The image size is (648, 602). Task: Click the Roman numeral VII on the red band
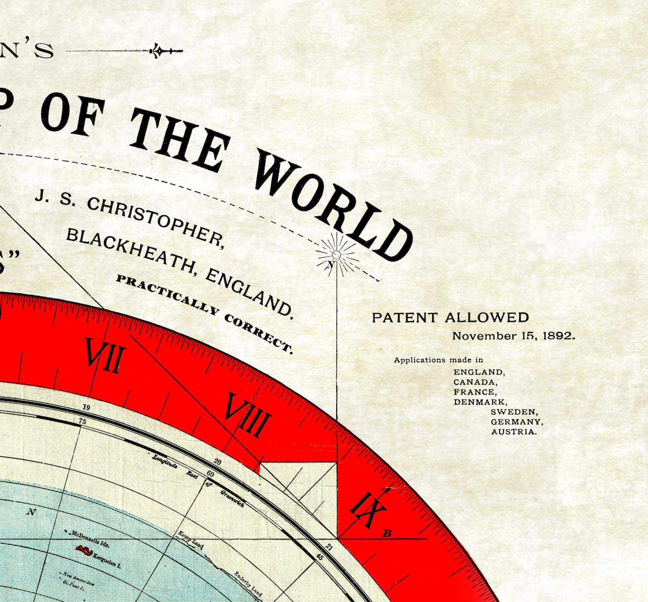[x=104, y=355]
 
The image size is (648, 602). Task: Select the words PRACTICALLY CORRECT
[x=204, y=312]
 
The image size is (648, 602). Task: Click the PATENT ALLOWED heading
[x=450, y=318]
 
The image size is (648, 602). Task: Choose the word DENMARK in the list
[x=479, y=402]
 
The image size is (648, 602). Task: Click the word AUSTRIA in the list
[x=514, y=432]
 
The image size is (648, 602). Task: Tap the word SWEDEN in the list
[x=514, y=412]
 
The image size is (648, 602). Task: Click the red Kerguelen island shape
[x=84, y=551]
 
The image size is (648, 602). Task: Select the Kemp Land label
[x=191, y=540]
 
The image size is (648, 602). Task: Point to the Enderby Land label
[x=248, y=584]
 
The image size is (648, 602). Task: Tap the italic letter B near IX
[x=387, y=533]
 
